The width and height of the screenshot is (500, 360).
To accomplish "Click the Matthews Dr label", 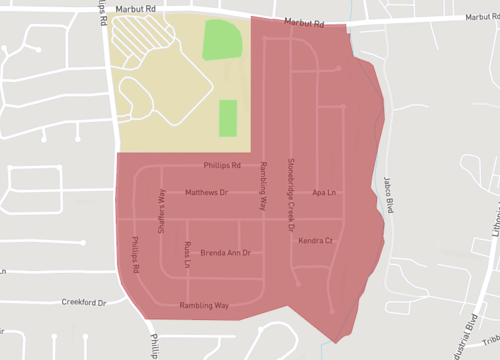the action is pyautogui.click(x=207, y=192).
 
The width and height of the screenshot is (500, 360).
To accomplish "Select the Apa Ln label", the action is pyautogui.click(x=322, y=192).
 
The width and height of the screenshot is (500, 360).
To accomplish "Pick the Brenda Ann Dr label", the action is pyautogui.click(x=224, y=253).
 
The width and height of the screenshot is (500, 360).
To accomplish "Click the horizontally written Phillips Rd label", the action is pyautogui.click(x=222, y=166).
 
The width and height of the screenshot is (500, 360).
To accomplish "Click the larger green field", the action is pyautogui.click(x=223, y=40).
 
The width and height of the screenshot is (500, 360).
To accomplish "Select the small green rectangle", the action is pyautogui.click(x=228, y=118).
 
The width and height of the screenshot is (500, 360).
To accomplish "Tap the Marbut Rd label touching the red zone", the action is pyautogui.click(x=305, y=23).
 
